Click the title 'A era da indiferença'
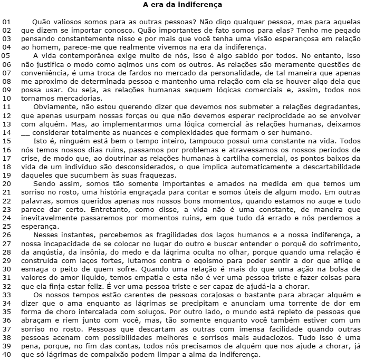click(182, 5)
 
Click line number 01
click(6, 23)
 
